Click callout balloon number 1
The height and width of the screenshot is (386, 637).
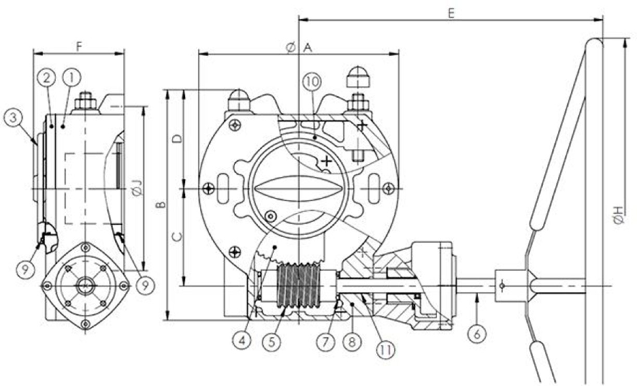click(71, 78)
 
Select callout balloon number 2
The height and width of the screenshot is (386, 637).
click(47, 78)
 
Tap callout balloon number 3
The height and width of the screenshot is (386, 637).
click(14, 118)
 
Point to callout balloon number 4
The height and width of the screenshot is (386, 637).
click(241, 340)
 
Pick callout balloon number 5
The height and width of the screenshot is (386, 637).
click(272, 342)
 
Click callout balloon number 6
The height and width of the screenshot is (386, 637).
click(477, 334)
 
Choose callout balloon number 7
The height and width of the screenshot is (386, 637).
click(326, 341)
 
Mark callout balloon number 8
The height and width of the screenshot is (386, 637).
click(352, 342)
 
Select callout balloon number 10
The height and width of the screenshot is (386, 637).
click(312, 82)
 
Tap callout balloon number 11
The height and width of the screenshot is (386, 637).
click(385, 350)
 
